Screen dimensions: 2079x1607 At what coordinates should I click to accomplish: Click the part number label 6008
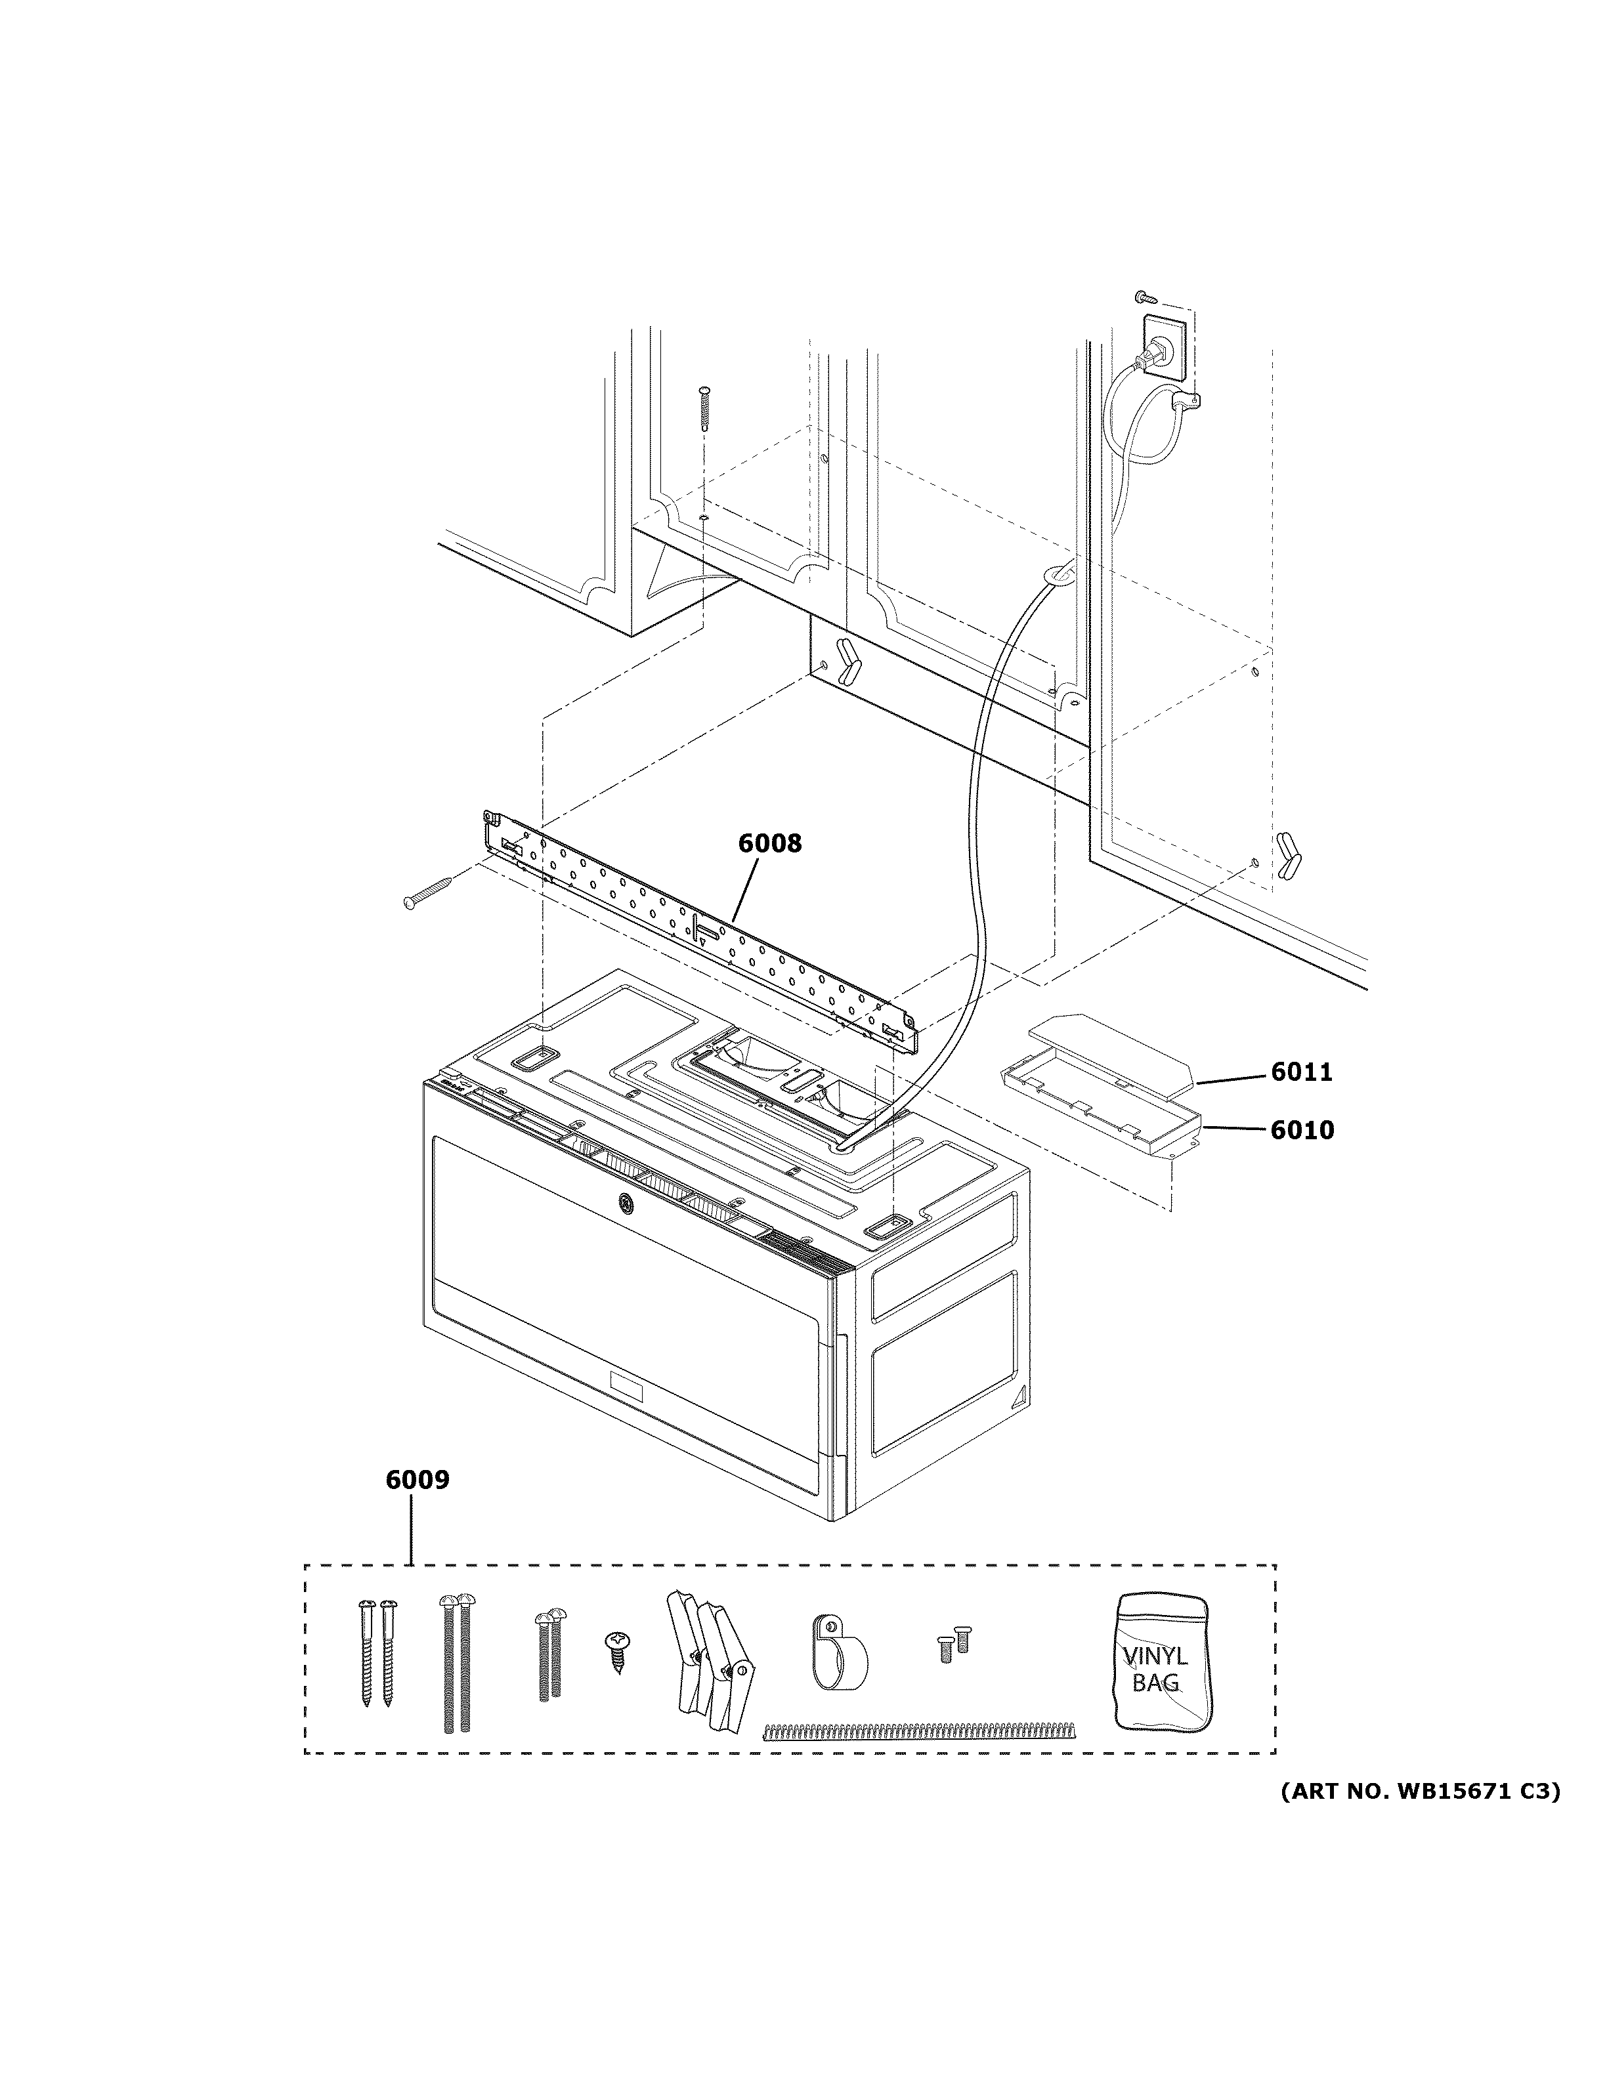770,843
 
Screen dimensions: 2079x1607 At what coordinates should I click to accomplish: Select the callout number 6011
1301,1073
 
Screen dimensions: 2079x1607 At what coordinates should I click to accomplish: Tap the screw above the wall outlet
1146,298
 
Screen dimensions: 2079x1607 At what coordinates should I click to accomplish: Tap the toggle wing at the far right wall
1287,855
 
